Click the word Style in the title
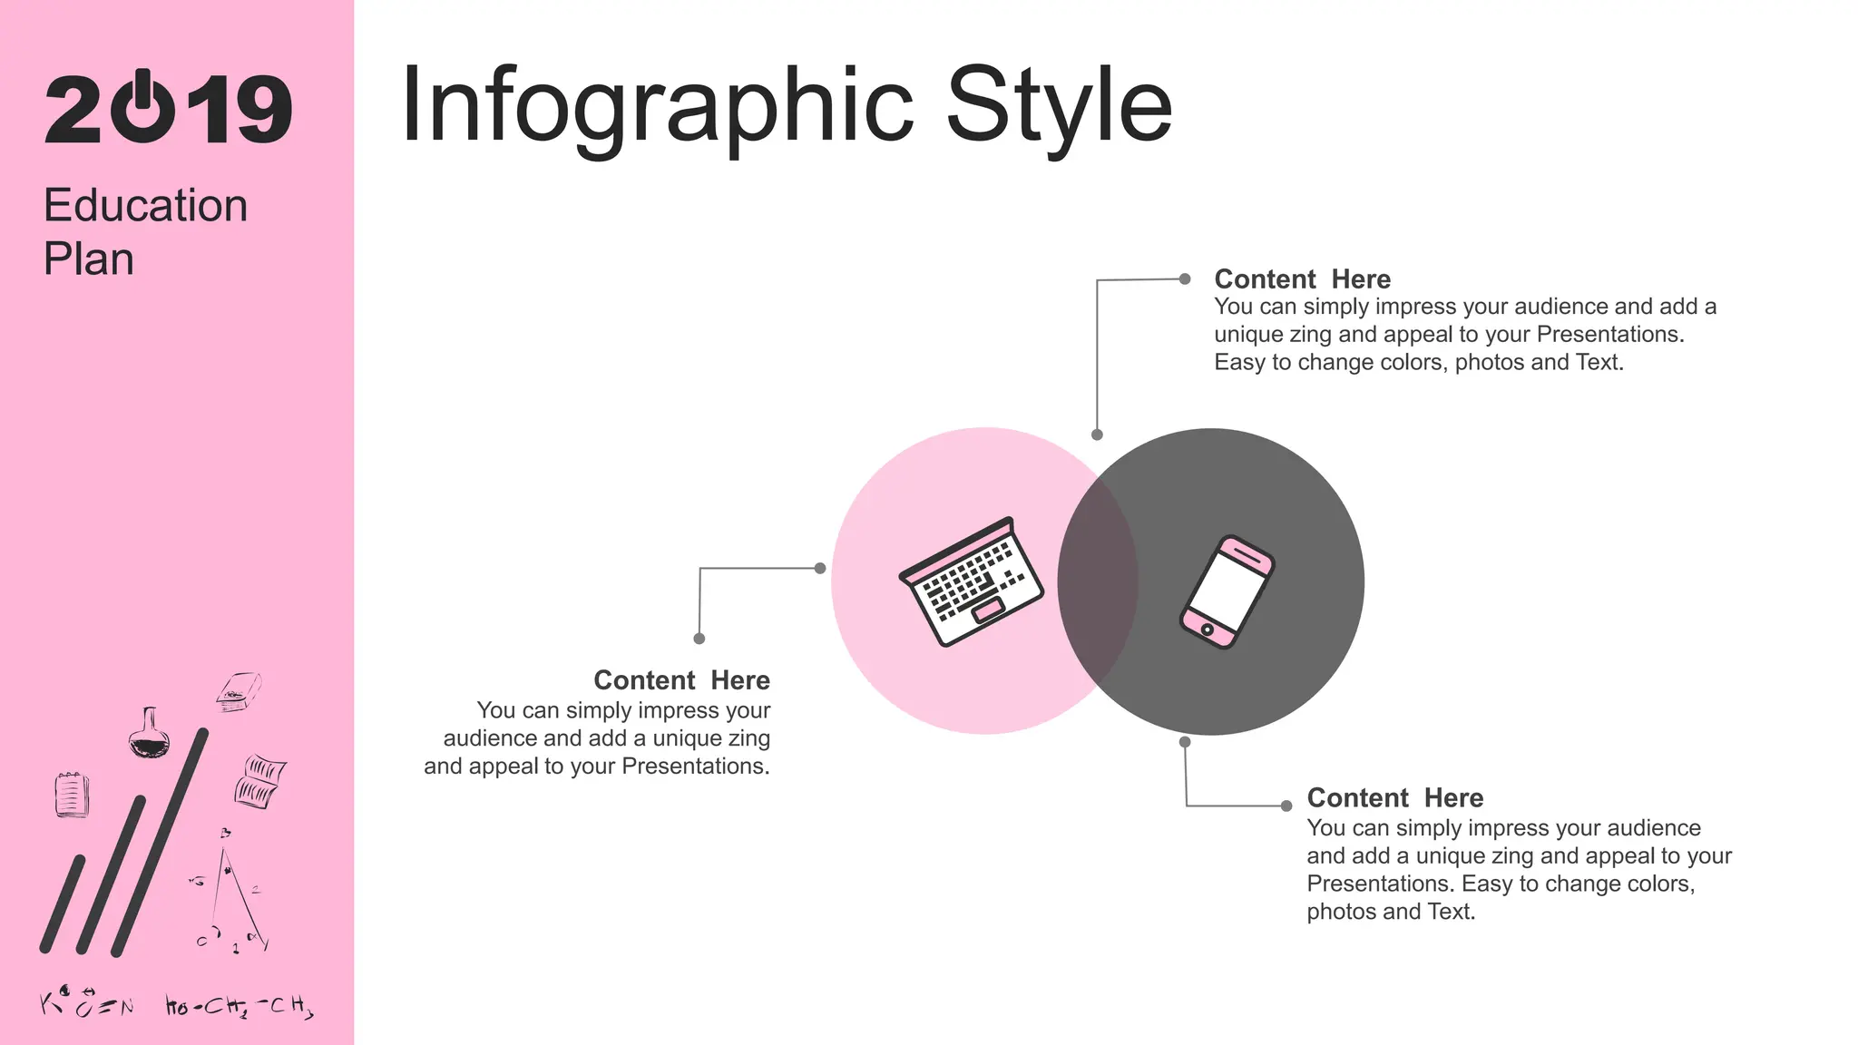pyautogui.click(x=1059, y=106)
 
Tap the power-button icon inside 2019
pyautogui.click(x=142, y=108)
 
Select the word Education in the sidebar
pyautogui.click(x=145, y=205)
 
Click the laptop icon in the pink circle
pyautogui.click(x=971, y=581)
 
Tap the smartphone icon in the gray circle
pyautogui.click(x=1227, y=591)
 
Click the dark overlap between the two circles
pyautogui.click(x=1098, y=581)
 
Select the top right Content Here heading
pyautogui.click(x=1302, y=279)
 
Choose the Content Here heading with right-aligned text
pyautogui.click(x=681, y=680)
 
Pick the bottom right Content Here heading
pyautogui.click(x=1394, y=798)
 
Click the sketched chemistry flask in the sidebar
pyautogui.click(x=149, y=734)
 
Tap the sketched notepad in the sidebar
pyautogui.click(x=72, y=795)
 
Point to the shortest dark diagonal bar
pyautogui.click(x=63, y=903)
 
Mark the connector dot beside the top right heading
pyautogui.click(x=1185, y=279)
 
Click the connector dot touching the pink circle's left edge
pyautogui.click(x=820, y=569)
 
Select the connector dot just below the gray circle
pyautogui.click(x=1185, y=742)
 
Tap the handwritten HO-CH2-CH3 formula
pyautogui.click(x=240, y=1006)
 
